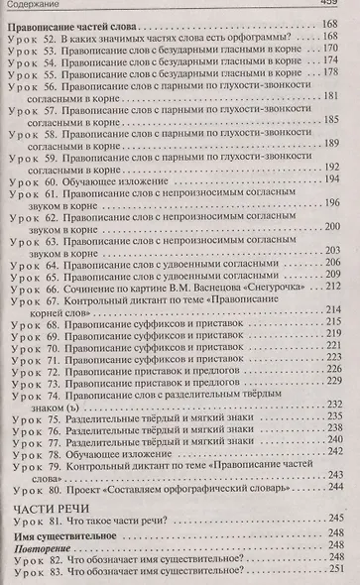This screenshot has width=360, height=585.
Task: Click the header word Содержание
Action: (x=36, y=7)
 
